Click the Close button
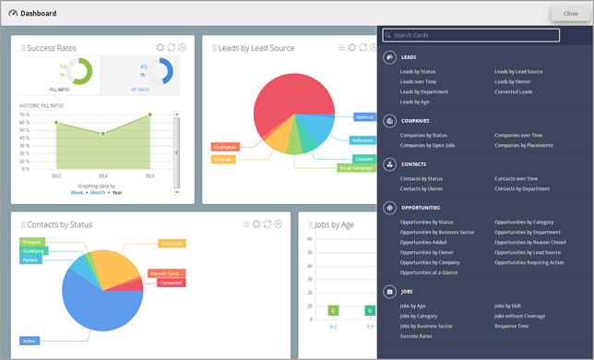pos(564,14)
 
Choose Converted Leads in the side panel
pos(513,91)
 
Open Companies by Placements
pos(522,145)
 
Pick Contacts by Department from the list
pos(522,188)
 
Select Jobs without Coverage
pos(519,316)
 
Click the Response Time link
pos(510,326)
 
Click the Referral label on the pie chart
pos(363,117)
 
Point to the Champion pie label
pos(225,147)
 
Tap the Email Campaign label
pos(356,168)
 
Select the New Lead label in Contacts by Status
pos(171,244)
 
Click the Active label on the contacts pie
pos(29,341)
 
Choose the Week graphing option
pos(77,193)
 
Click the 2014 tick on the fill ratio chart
pos(102,175)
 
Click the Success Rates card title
pos(52,48)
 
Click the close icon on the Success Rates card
pos(182,47)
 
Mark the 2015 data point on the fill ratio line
pos(149,115)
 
